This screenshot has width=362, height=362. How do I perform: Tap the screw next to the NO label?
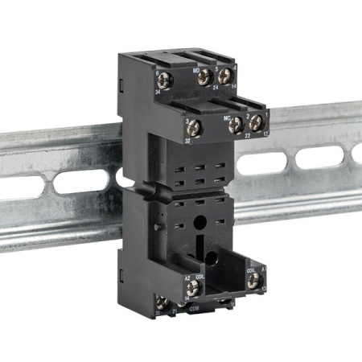205,78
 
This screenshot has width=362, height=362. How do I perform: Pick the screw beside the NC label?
236,125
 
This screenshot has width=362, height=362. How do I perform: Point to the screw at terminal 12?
257,124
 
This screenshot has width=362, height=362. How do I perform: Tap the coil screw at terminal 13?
254,280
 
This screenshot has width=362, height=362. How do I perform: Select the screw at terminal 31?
166,303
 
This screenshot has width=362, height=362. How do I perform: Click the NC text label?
227,116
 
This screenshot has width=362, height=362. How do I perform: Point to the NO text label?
195,70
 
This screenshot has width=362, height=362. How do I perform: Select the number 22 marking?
237,137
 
